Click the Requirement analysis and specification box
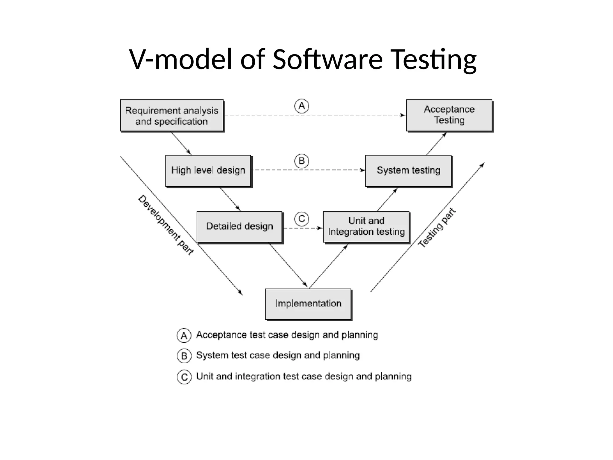tap(172, 116)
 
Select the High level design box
tap(208, 171)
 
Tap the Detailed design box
tap(239, 227)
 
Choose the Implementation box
tap(308, 304)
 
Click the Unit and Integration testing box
tap(366, 227)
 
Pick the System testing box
tap(408, 171)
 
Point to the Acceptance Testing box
tap(449, 115)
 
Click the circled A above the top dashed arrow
tap(302, 106)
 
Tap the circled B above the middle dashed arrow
tap(302, 161)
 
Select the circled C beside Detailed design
tap(302, 219)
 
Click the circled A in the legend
tap(184, 335)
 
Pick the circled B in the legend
tap(184, 356)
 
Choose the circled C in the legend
tap(184, 377)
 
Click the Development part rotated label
tap(166, 225)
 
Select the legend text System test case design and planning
tap(278, 355)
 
